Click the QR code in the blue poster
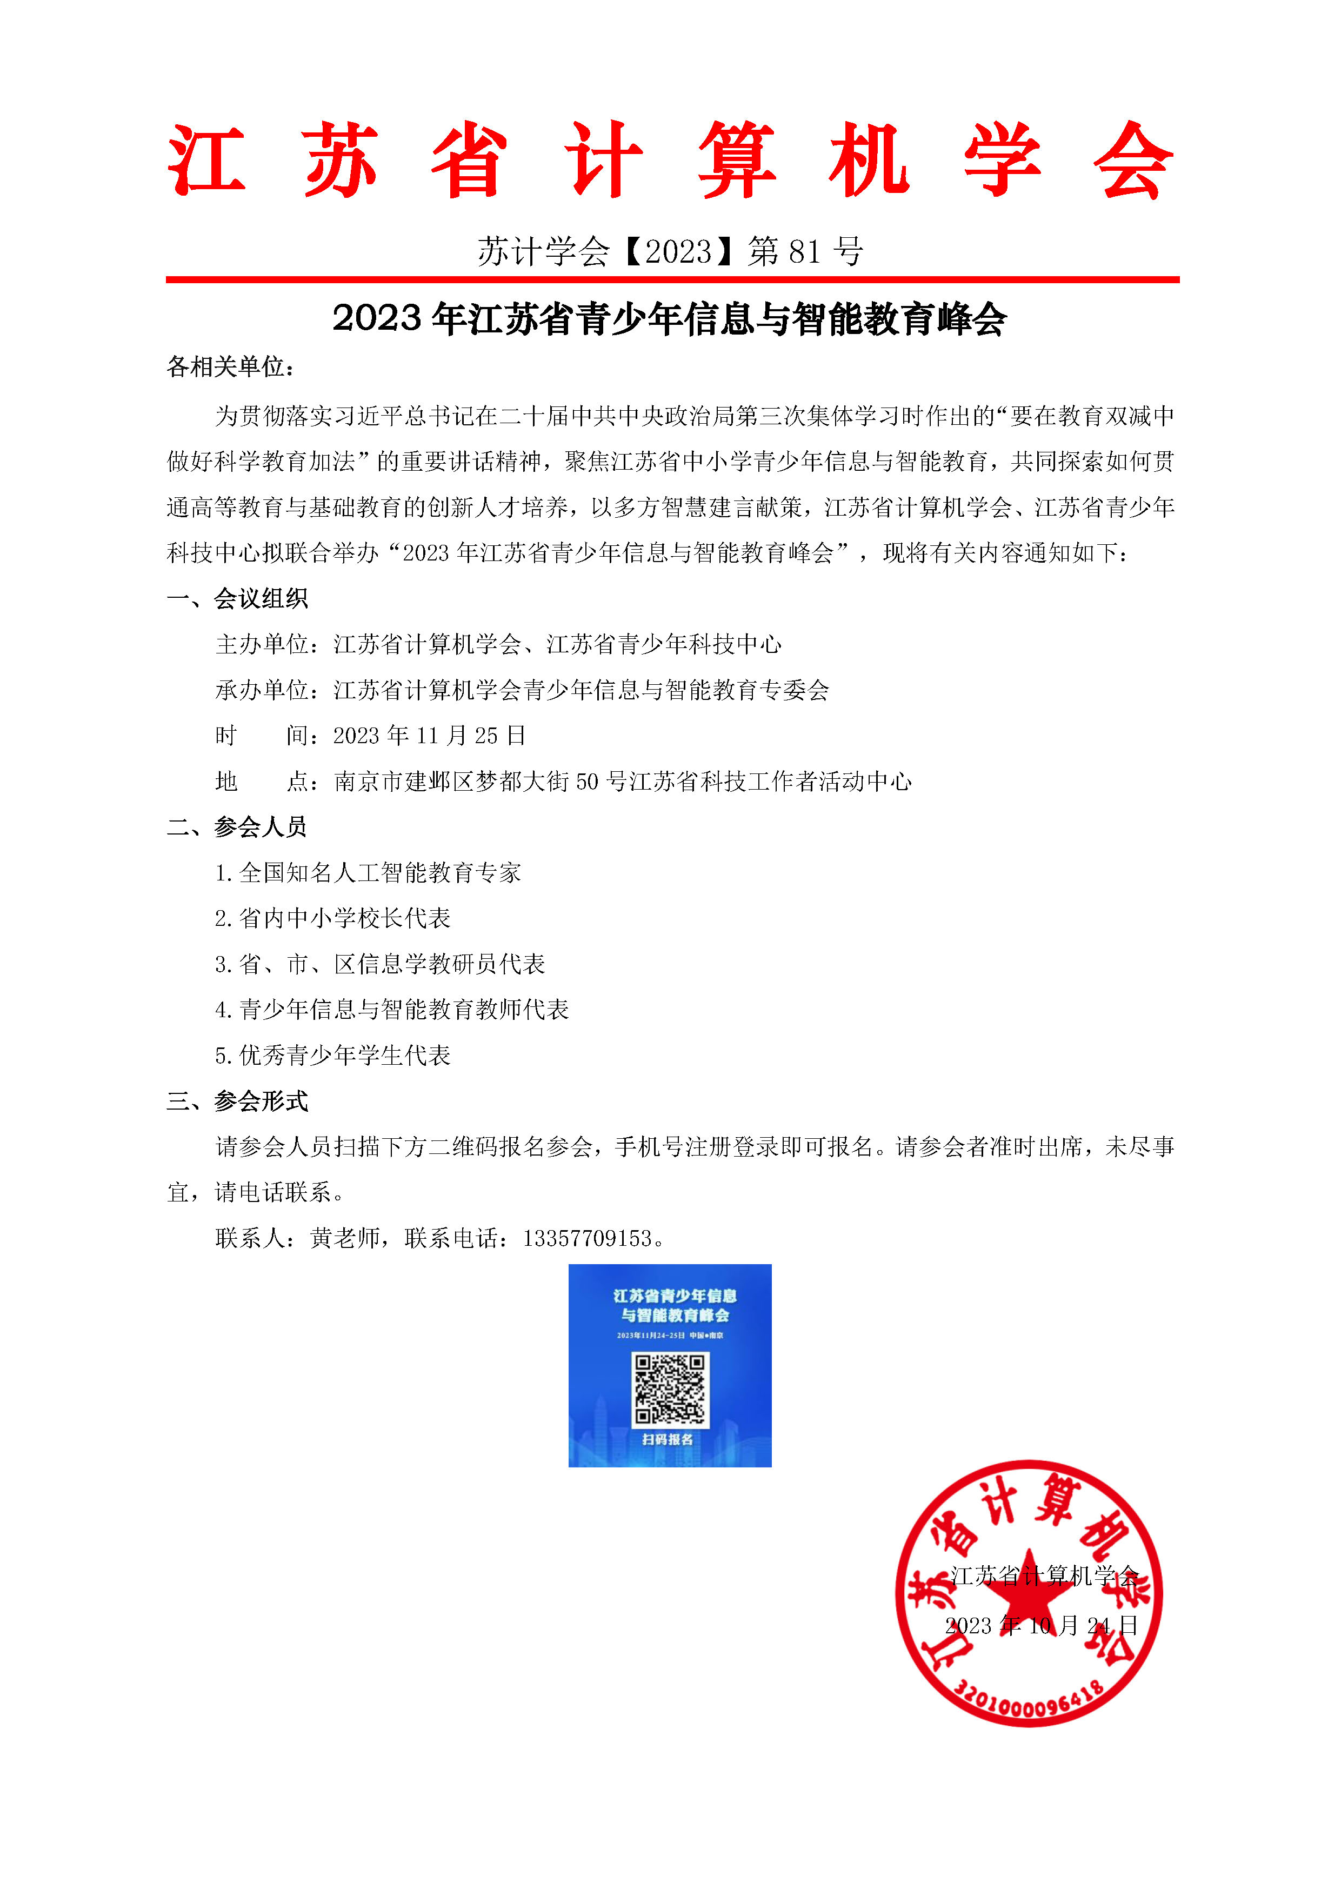pos(670,1389)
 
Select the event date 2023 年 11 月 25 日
pos(429,736)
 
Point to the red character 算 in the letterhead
pos(737,161)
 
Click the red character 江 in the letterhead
pos(206,161)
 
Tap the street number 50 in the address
pos(587,781)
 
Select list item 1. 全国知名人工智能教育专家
pos(368,873)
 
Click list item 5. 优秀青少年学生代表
pos(333,1056)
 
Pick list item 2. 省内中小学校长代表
pos(333,918)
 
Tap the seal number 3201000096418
pos(1029,1703)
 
